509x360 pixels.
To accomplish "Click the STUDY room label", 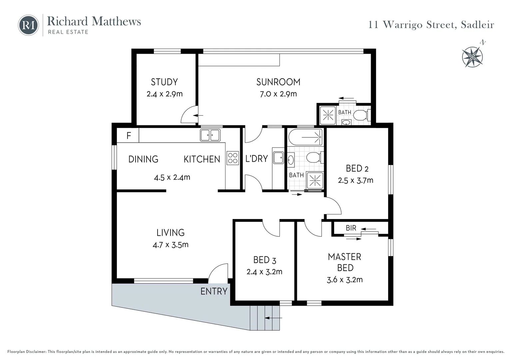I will tap(164, 82).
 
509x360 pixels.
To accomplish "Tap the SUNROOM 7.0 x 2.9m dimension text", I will tap(278, 94).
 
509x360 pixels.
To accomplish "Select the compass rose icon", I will tap(472, 57).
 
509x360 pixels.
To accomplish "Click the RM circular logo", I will tap(28, 25).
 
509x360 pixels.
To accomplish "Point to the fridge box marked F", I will tap(128, 136).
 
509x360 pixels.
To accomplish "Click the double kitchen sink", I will tap(210, 135).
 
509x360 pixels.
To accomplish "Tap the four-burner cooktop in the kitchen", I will tap(233, 158).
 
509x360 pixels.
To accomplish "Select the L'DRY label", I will tap(256, 159).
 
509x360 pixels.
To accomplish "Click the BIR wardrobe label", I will tap(351, 228).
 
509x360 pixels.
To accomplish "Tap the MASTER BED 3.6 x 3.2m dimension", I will tap(345, 280).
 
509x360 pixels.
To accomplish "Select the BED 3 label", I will tap(264, 260).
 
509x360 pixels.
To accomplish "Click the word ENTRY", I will tap(214, 291).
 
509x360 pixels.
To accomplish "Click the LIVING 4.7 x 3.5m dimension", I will tap(171, 245).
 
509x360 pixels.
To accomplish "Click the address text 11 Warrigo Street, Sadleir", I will tap(431, 25).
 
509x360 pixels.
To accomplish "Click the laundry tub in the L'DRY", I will tap(278, 157).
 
